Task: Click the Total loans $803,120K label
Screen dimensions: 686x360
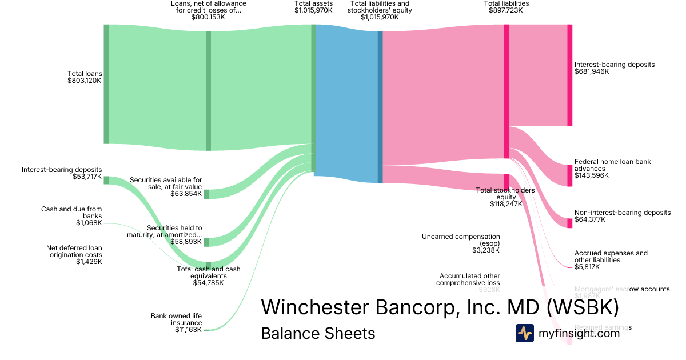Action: click(x=85, y=77)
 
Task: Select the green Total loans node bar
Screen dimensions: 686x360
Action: click(x=106, y=84)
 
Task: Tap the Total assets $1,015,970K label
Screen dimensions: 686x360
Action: click(x=313, y=7)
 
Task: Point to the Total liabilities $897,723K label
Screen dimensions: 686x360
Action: click(x=506, y=7)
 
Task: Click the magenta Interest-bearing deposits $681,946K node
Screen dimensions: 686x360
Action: click(x=569, y=75)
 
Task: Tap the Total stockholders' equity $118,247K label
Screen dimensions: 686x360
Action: click(x=506, y=197)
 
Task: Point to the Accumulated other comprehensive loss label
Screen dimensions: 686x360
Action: click(x=468, y=279)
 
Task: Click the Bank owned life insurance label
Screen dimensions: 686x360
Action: click(x=176, y=322)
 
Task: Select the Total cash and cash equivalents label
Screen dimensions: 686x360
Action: click(x=208, y=275)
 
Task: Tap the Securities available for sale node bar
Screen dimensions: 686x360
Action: click(x=206, y=194)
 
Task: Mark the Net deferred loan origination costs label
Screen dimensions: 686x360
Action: click(x=74, y=254)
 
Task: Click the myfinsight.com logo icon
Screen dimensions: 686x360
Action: click(x=525, y=333)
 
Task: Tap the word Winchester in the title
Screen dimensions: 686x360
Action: click(x=314, y=308)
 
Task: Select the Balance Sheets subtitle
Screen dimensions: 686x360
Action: click(x=318, y=333)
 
